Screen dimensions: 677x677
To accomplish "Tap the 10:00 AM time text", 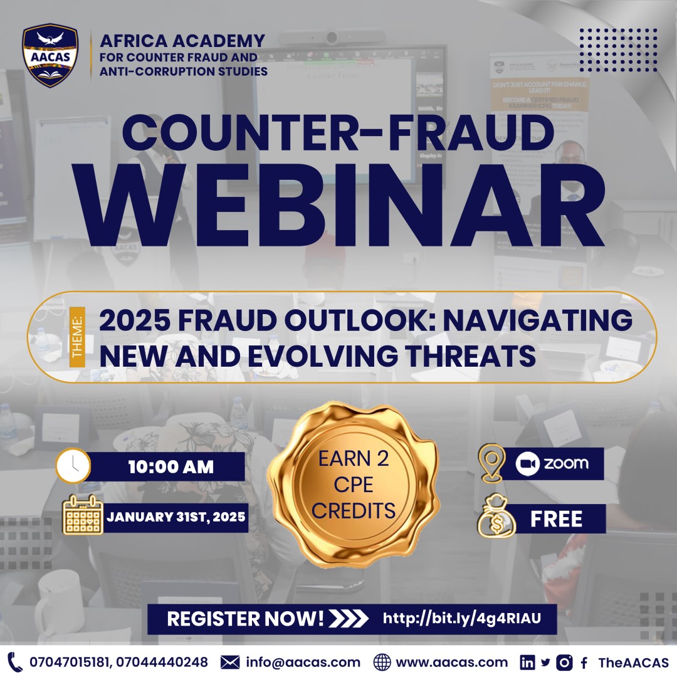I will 171,467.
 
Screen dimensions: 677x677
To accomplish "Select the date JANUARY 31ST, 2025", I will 176,518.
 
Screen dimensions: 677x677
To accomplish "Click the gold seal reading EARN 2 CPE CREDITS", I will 353,485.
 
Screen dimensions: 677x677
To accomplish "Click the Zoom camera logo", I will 527,464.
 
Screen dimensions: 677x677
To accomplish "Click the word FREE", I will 557,519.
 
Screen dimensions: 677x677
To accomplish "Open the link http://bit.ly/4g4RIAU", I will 461,619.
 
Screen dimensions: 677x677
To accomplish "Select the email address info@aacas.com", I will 303,662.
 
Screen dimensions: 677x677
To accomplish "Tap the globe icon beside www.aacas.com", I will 382,662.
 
